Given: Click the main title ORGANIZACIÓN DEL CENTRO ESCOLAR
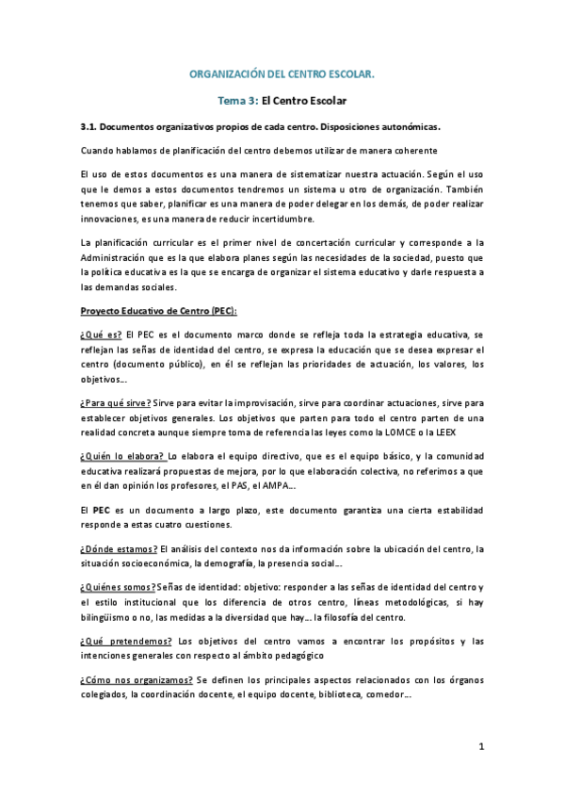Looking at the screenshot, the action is click(282, 72).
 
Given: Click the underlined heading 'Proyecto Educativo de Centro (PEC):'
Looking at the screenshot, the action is click(159, 310).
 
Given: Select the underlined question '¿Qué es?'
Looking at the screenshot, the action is click(101, 334).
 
